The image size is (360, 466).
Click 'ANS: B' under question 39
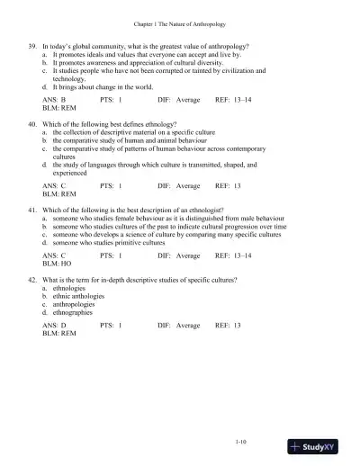point(56,101)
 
